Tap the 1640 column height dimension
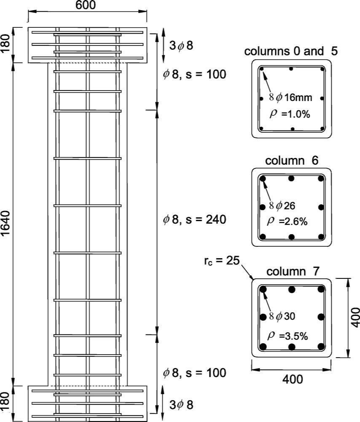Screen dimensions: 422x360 [6, 224]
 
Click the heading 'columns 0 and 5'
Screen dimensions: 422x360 [291, 52]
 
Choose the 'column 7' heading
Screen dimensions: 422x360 [292, 272]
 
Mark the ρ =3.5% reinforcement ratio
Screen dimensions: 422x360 [289, 336]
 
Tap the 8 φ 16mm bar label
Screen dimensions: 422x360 [290, 98]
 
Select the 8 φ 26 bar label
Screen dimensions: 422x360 [286, 206]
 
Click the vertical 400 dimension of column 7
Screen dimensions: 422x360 [355, 317]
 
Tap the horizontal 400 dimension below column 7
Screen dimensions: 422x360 [292, 379]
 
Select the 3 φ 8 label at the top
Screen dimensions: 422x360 [181, 46]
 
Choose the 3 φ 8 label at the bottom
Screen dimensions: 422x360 [181, 405]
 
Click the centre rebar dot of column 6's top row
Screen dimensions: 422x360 [291, 179]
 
